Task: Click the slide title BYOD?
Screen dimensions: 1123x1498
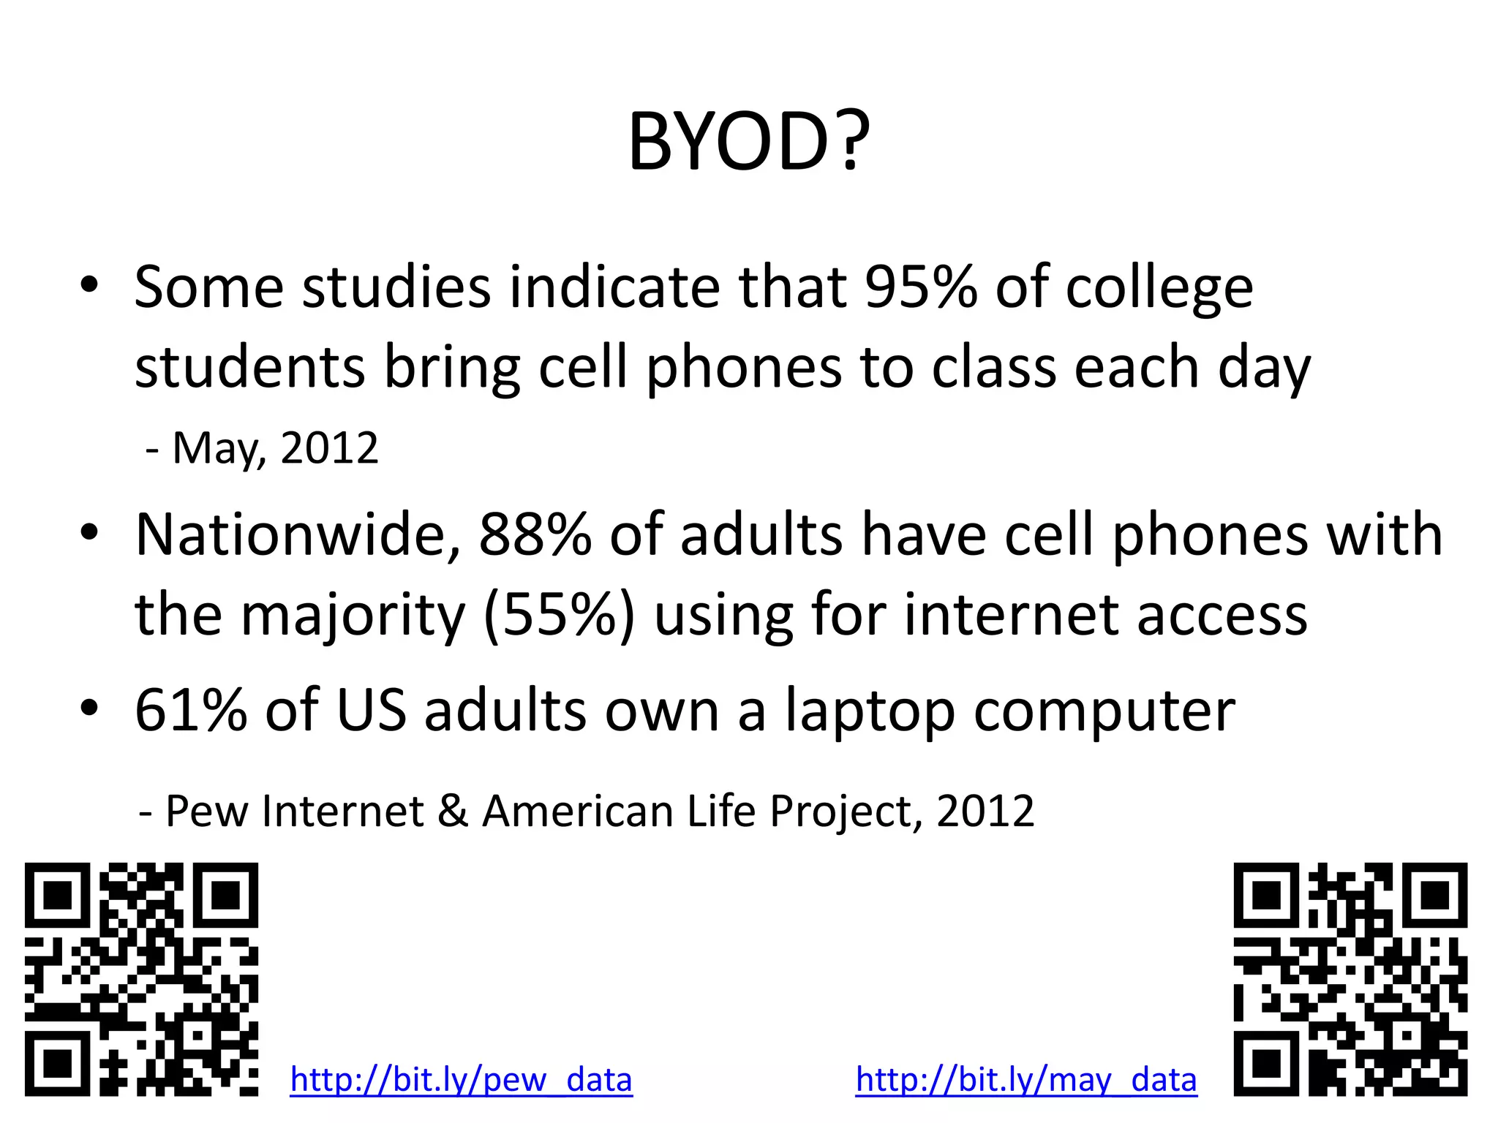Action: tap(749, 142)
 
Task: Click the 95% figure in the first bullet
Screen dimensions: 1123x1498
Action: tap(921, 287)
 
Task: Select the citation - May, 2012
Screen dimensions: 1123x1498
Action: tap(262, 448)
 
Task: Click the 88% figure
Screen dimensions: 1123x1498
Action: tap(535, 535)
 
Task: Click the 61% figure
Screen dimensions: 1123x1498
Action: tap(191, 710)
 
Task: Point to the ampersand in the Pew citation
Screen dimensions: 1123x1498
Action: tap(453, 811)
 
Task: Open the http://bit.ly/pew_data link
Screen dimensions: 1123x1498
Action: tap(461, 1080)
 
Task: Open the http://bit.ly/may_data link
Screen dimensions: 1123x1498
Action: tap(1026, 1080)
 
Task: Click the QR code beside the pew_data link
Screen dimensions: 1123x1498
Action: tap(141, 979)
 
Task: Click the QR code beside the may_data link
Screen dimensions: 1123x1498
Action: tap(1350, 979)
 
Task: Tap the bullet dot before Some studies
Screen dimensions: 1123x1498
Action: tap(89, 285)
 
